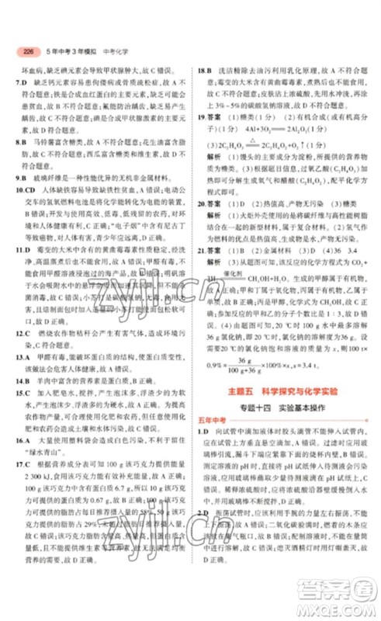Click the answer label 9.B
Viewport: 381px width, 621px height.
(23, 177)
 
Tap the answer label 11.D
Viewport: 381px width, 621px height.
(24, 252)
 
